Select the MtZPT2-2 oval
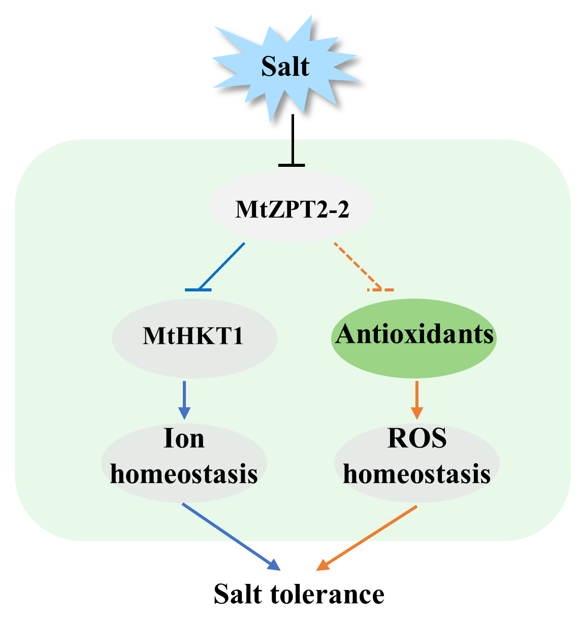coord(292,208)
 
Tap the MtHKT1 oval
coord(194,337)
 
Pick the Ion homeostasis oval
coord(184,460)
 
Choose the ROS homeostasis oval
coord(417,460)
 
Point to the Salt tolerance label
coord(299,594)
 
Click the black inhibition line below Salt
coord(292,137)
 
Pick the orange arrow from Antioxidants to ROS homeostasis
coord(417,399)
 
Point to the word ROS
coord(417,438)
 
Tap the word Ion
coord(184,438)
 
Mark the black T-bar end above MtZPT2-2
coord(292,165)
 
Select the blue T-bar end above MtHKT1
coord(198,290)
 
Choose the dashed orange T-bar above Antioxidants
coord(380,290)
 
